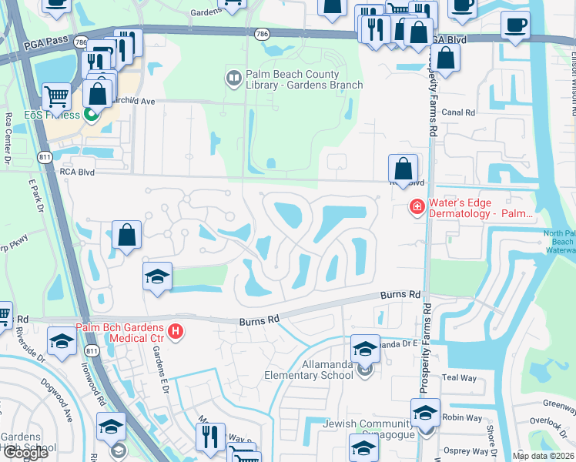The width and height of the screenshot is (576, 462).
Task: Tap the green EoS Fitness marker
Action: pyautogui.click(x=92, y=115)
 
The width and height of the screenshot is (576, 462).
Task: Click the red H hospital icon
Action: pyautogui.click(x=176, y=331)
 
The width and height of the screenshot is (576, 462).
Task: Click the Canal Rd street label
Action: pyautogui.click(x=458, y=112)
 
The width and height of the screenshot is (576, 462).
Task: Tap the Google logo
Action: pyautogui.click(x=25, y=453)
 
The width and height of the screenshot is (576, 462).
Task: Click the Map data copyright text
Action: pyautogui.click(x=544, y=456)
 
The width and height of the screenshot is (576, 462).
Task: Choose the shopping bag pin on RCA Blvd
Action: pyautogui.click(x=403, y=169)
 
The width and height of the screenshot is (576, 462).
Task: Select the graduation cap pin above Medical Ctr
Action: pyautogui.click(x=157, y=277)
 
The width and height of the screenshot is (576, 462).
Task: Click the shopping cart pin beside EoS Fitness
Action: pyautogui.click(x=57, y=98)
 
